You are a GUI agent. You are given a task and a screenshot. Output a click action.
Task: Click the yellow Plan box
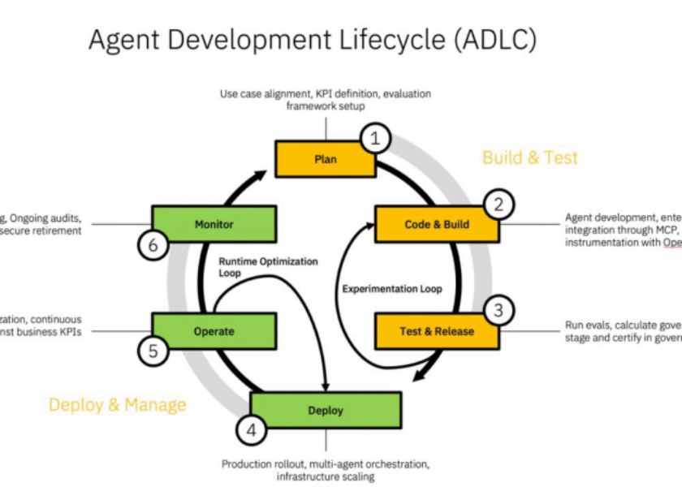tap(325, 159)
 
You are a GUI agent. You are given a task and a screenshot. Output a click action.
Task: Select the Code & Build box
tap(436, 224)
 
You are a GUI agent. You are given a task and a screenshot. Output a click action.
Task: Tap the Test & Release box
tap(436, 330)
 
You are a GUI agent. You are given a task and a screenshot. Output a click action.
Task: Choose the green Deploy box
tap(325, 410)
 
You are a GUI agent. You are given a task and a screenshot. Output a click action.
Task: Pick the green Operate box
tap(214, 330)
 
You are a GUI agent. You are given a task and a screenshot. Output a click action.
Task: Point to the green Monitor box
tap(214, 224)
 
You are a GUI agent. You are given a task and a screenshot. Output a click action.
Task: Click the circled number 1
tap(374, 139)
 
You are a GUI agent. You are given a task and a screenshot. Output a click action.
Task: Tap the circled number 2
tap(499, 205)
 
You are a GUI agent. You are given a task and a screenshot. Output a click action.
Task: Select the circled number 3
tap(499, 310)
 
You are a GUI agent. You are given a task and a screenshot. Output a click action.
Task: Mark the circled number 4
tap(251, 430)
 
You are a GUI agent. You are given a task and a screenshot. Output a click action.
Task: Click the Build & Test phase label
tap(530, 157)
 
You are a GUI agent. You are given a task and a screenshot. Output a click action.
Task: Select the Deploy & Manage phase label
tap(117, 404)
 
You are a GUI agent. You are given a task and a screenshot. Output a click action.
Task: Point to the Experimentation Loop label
tap(392, 289)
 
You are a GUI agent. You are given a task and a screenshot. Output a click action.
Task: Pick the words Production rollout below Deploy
tap(263, 464)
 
